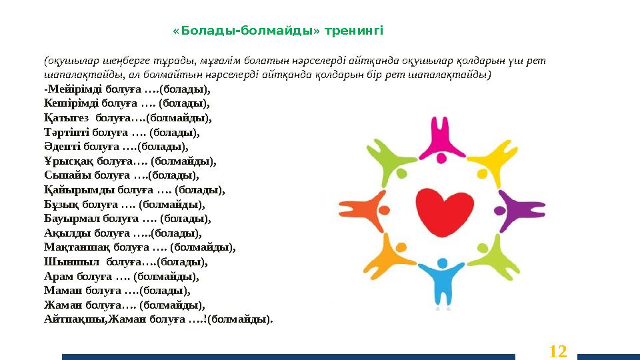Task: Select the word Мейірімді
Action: coord(69,89)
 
